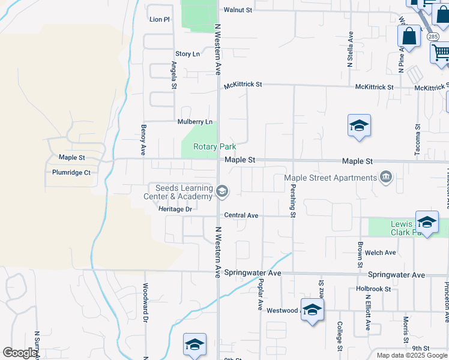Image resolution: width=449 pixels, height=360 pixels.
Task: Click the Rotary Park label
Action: (214, 146)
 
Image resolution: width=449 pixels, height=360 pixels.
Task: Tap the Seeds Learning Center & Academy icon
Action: (221, 192)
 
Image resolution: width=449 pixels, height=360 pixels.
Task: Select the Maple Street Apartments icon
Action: (385, 177)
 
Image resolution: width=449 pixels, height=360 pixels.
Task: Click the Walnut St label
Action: (238, 10)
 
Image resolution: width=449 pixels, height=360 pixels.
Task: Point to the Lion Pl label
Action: (160, 20)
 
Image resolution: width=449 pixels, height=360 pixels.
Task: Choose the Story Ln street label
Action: (187, 54)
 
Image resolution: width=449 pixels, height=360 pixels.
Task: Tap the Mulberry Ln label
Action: (195, 122)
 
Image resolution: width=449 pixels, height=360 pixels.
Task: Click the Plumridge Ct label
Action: (71, 173)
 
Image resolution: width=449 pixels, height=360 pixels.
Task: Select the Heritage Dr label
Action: (175, 209)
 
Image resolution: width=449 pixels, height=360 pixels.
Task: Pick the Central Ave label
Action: (241, 215)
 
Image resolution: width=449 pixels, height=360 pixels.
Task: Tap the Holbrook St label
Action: (373, 289)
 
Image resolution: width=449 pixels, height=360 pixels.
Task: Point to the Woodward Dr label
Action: (145, 303)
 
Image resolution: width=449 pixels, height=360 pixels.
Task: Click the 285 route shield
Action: (433, 37)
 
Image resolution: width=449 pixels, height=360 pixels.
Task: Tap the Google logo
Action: (20, 353)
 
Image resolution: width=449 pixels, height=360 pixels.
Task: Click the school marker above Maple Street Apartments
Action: (359, 126)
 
